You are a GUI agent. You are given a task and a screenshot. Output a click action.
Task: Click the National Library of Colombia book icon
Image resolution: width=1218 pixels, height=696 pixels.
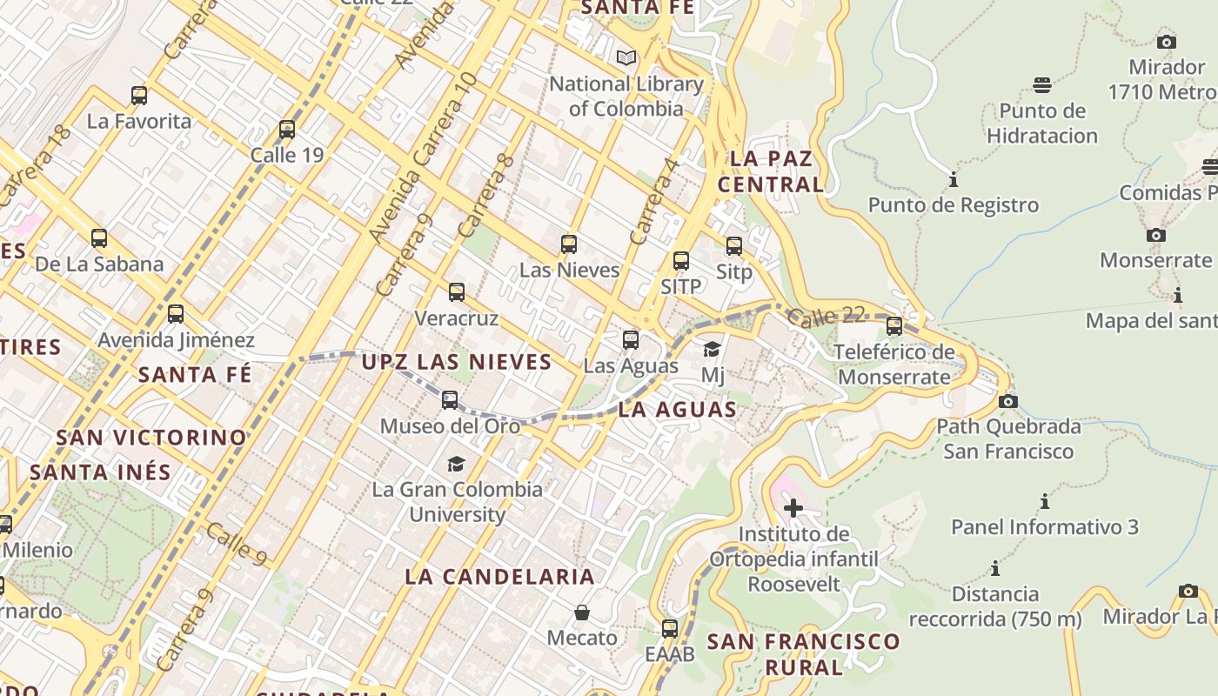[x=626, y=58]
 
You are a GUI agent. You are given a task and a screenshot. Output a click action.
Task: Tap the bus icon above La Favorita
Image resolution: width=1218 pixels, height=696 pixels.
[x=139, y=96]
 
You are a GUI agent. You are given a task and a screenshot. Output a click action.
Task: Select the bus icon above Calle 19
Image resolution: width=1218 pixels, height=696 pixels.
[x=287, y=130]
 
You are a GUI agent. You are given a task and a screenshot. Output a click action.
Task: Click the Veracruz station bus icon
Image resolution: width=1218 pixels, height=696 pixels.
[x=457, y=292]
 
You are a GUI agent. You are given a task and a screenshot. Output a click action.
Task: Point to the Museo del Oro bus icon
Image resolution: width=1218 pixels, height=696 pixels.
[x=450, y=400]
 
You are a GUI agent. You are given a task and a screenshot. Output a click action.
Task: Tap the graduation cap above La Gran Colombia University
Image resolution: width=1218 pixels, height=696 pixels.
[x=457, y=463]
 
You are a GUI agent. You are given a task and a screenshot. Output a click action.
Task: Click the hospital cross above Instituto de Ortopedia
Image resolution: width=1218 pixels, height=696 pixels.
[x=793, y=507]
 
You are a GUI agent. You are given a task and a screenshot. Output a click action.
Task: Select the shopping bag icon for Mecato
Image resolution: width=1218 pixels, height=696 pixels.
[x=582, y=612]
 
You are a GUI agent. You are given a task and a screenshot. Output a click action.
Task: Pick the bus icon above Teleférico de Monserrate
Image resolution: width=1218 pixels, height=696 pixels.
[x=894, y=326]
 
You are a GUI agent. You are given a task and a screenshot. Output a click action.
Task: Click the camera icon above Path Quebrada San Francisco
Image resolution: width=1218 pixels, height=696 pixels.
[x=1008, y=401]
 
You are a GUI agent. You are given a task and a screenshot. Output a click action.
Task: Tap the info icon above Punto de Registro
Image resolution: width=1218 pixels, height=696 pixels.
[x=954, y=180]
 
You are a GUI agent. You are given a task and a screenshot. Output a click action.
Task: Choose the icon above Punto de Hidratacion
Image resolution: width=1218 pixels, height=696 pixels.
[x=1042, y=84]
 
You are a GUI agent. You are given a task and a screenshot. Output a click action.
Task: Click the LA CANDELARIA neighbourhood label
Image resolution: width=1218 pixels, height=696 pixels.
[x=499, y=576]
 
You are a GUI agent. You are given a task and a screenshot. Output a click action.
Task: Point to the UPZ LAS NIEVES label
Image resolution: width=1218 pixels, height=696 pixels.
[x=456, y=362]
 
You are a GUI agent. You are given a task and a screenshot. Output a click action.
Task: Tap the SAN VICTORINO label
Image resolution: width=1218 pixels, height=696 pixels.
[x=151, y=437]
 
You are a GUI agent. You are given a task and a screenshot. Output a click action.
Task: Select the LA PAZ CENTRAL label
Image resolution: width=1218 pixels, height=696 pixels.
[x=771, y=171]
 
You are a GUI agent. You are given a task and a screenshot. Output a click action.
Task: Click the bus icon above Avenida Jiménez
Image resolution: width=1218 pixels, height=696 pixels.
[x=176, y=314]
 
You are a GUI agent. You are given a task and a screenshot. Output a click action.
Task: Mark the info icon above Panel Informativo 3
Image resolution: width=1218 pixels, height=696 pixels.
[x=1044, y=502]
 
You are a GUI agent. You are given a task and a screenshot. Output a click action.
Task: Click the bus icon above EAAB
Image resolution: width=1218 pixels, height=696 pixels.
[x=670, y=628]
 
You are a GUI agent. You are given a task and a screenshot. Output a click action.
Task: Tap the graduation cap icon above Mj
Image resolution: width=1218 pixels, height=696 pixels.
[x=713, y=350]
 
